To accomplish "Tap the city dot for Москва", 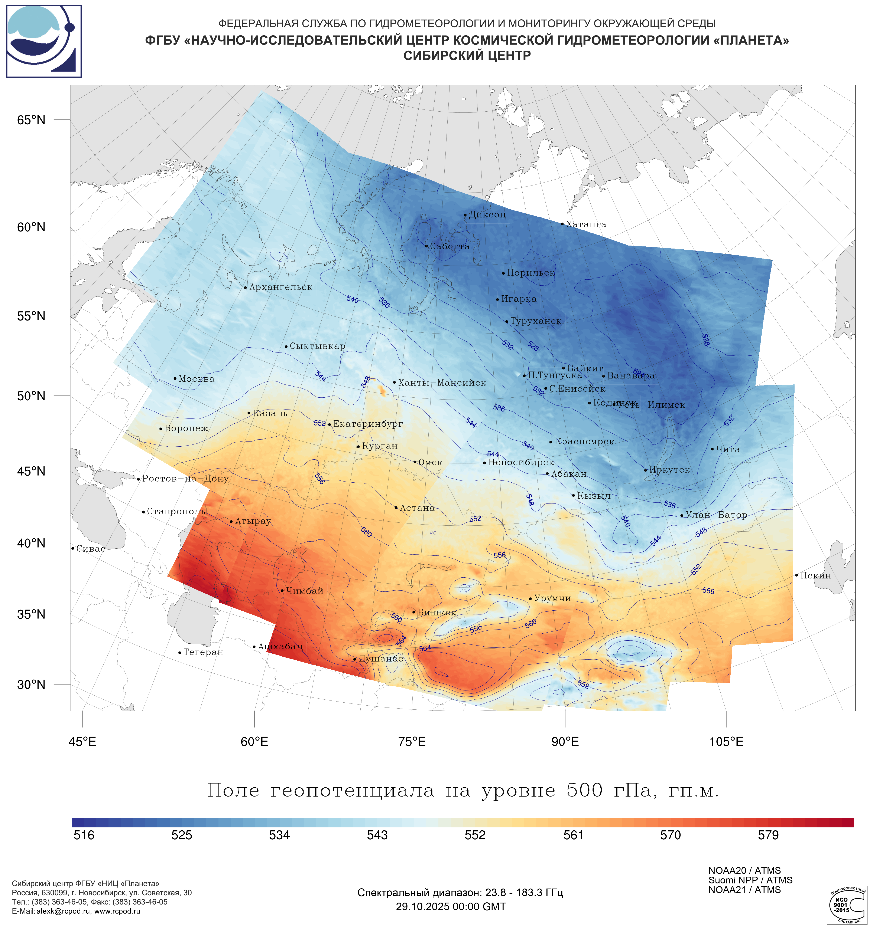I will tap(175, 378).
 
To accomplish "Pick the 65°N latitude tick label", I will tap(31, 120).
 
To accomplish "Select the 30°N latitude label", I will tap(31, 685).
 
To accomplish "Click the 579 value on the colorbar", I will tap(768, 835).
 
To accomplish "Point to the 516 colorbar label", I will tap(84, 835).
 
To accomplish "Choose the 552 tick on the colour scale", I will tap(475, 835).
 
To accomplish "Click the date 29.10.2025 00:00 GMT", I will tap(451, 907).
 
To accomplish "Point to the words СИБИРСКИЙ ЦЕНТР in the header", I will tap(467, 56).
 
